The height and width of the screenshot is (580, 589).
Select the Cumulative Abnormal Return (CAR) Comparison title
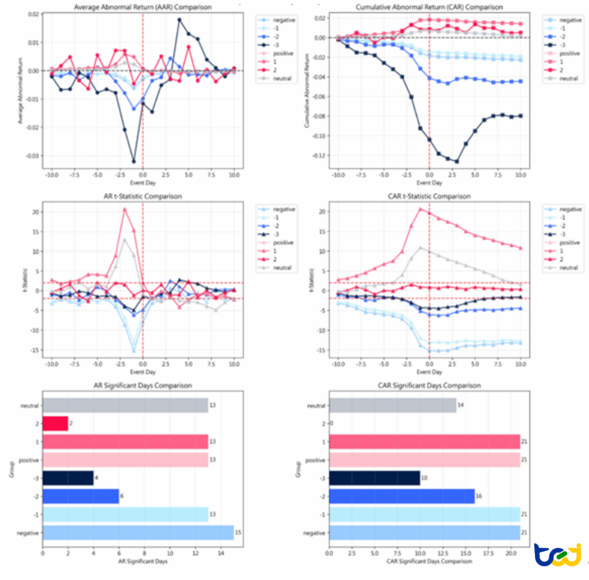[430, 7]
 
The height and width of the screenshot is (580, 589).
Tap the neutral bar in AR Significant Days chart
[125, 405]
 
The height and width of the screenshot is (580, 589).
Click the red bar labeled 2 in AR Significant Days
[55, 423]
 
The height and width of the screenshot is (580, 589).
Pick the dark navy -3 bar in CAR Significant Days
[374, 478]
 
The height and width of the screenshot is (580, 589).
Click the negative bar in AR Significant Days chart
[138, 533]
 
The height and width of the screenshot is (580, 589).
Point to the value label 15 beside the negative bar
[238, 533]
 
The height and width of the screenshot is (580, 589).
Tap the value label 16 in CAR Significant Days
[479, 496]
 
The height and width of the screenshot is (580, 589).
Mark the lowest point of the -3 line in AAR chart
[134, 161]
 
